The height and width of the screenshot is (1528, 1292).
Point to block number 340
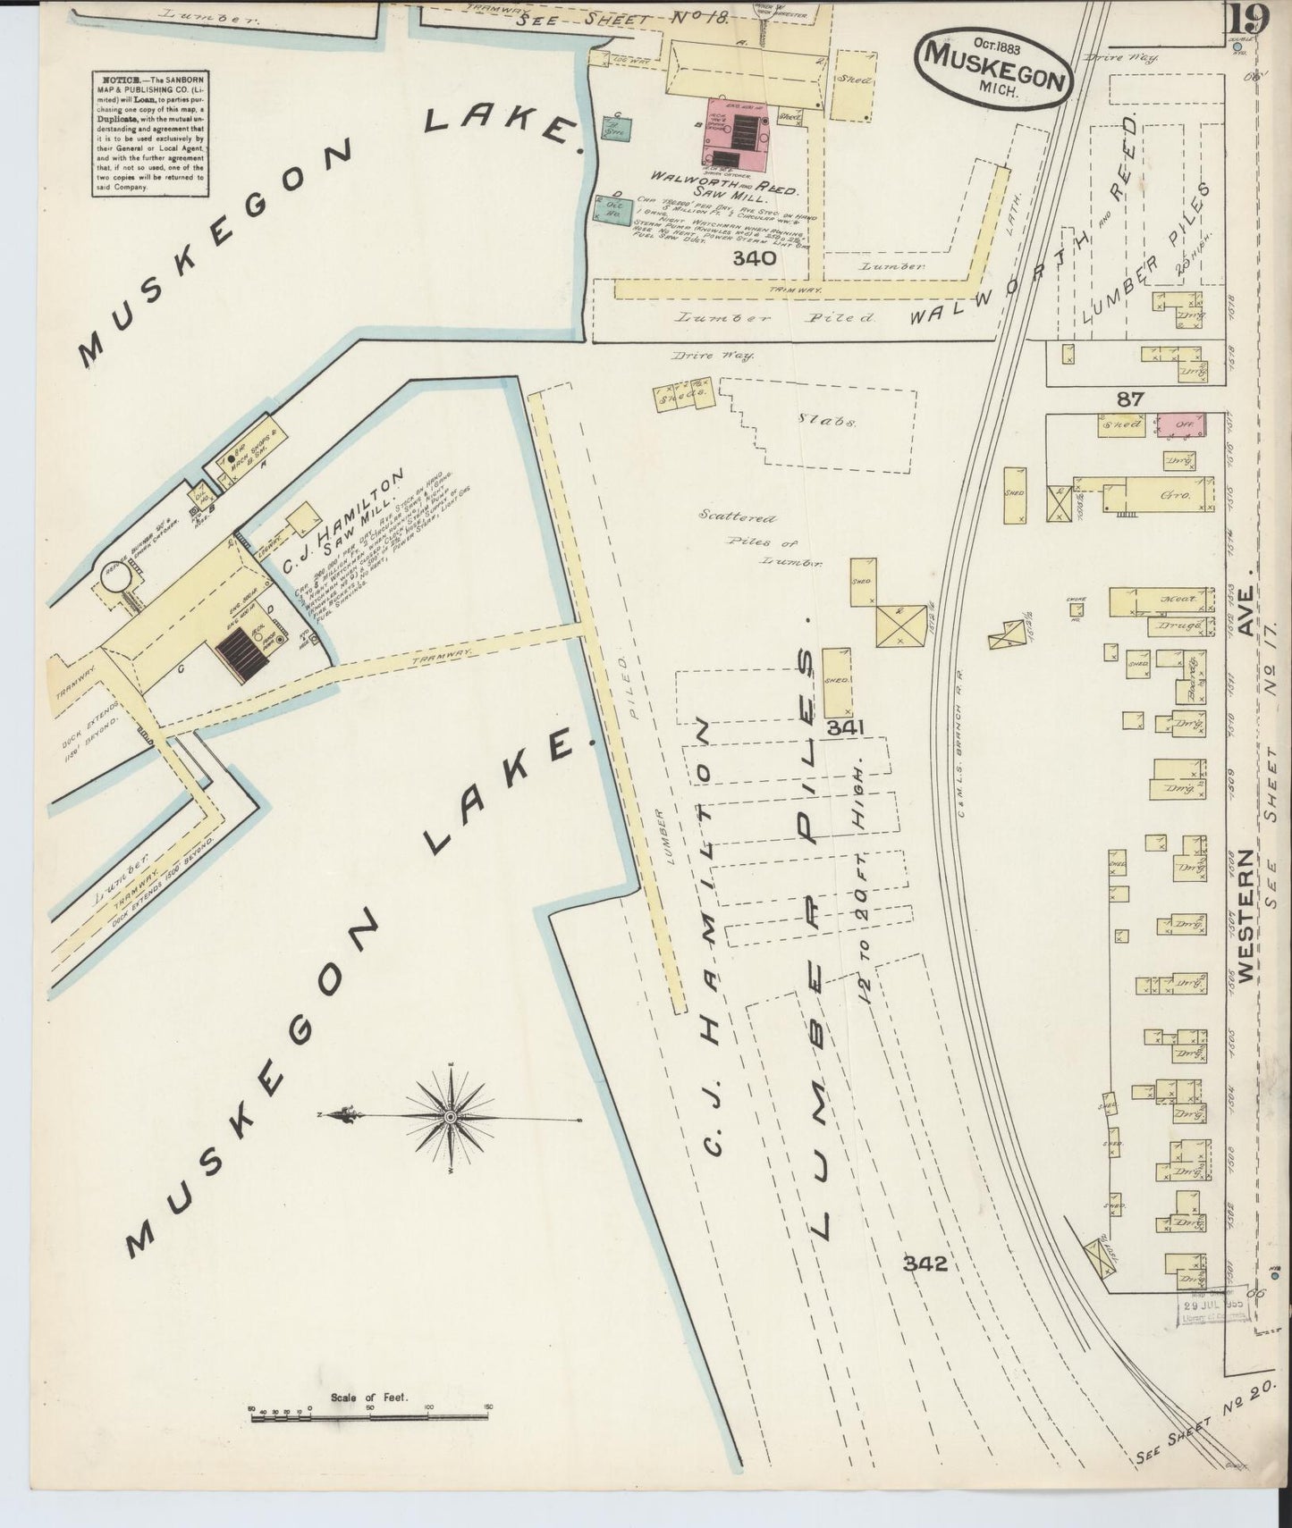click(753, 259)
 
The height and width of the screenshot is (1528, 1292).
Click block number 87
click(1129, 399)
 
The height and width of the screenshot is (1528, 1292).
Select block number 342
click(924, 1264)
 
